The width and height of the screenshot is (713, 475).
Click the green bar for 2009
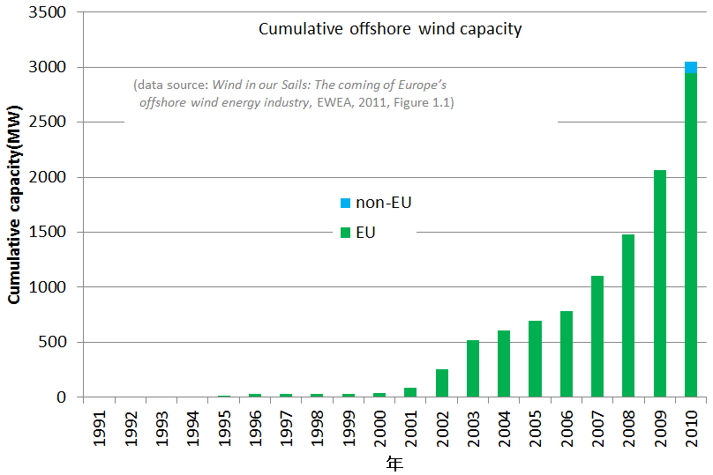(659, 284)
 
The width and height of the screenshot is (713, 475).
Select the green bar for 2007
(597, 337)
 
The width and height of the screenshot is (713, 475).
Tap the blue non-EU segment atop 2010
(691, 68)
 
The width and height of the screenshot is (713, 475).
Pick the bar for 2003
(473, 368)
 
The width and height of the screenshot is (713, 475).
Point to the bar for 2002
(442, 383)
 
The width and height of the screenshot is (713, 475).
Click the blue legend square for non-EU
(345, 204)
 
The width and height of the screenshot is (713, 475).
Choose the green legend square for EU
(345, 233)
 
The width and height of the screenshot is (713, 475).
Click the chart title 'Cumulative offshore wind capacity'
(390, 29)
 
